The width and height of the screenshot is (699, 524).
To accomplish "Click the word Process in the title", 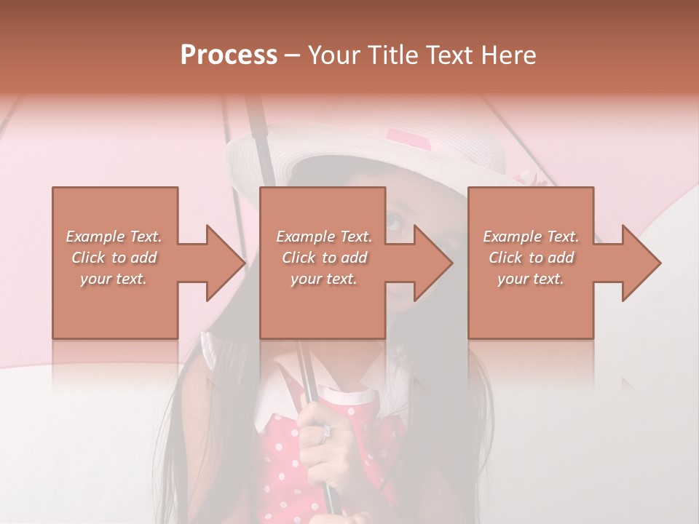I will [229, 55].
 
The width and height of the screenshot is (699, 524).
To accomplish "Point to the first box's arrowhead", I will [226, 263].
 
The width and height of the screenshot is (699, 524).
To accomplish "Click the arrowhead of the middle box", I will [433, 263].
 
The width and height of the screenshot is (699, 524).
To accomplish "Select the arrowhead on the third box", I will [641, 263].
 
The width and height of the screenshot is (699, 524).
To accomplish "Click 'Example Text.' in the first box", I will [114, 237].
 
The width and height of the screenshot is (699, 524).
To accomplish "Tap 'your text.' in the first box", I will [114, 279].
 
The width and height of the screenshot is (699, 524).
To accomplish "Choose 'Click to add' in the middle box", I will [324, 258].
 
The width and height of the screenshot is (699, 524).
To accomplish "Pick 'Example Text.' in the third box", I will [531, 237].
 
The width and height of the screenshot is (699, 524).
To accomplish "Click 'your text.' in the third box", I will [531, 279].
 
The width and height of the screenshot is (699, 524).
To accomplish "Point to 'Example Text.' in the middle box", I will [324, 237].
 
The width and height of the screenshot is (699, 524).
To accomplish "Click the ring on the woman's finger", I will [326, 430].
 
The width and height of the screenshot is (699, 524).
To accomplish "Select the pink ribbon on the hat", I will [408, 138].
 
